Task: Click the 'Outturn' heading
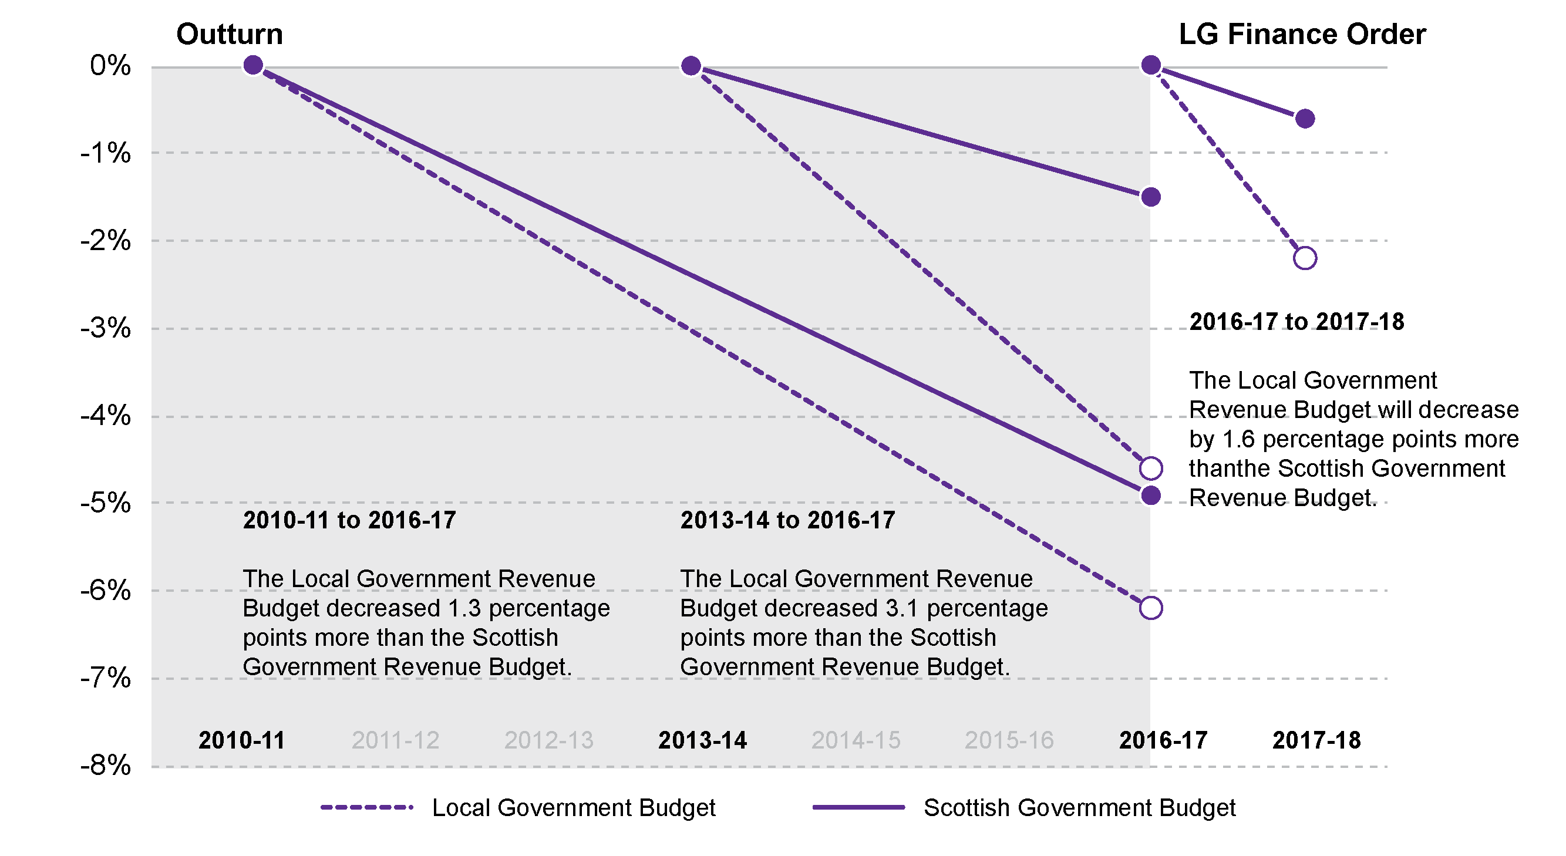(229, 34)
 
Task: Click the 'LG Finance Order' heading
(1302, 34)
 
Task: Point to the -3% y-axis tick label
(106, 329)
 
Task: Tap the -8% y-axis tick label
(106, 766)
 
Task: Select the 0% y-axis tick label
(110, 66)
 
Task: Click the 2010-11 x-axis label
(241, 740)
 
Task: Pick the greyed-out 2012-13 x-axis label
(548, 740)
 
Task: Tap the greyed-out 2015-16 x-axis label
(1009, 740)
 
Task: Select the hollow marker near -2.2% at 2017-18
(1305, 258)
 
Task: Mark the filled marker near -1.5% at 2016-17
(1150, 197)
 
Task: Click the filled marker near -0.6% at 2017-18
(1305, 119)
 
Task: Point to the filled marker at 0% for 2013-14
(691, 66)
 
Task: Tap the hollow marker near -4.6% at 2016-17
(1150, 469)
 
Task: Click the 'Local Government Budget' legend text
(573, 808)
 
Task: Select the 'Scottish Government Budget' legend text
(1079, 808)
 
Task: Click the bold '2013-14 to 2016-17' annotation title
(787, 520)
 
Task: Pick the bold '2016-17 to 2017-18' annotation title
(1296, 322)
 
